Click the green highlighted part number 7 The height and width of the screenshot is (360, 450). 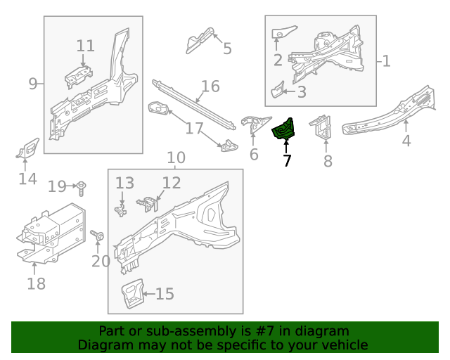coord(285,129)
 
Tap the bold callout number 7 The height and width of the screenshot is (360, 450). coord(286,160)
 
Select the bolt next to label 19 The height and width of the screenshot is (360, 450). coord(84,187)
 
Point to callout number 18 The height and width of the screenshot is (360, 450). coord(36,283)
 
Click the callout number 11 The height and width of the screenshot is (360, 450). coord(85,46)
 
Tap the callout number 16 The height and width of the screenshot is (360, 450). coord(210,86)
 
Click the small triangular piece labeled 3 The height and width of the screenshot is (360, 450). coord(278,90)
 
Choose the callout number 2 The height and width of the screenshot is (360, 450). coord(278,60)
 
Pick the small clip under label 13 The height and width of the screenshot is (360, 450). coord(121,210)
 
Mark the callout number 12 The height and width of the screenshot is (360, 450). coord(172,184)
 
